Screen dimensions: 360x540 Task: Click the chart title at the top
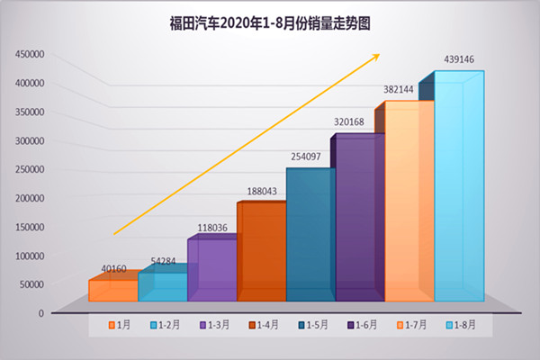coord(270,22)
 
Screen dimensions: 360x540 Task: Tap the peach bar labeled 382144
coord(409,202)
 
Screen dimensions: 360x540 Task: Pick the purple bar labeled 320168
coord(360,220)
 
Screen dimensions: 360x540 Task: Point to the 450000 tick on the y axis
coord(30,54)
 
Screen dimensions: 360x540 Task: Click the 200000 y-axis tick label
coord(30,198)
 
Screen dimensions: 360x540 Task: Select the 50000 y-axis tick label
coord(32,284)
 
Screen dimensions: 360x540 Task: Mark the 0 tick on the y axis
coord(41,313)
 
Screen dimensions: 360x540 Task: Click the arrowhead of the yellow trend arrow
coord(375,57)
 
